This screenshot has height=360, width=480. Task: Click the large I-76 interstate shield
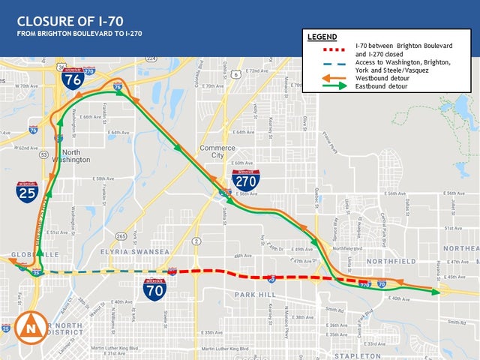[72, 78]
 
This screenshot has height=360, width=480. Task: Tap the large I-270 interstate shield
[246, 179]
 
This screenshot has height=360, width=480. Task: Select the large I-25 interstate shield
[27, 193]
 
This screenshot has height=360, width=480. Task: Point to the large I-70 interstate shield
[155, 289]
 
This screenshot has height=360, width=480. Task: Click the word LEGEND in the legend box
[322, 36]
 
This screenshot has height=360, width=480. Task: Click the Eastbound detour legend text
[382, 86]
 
